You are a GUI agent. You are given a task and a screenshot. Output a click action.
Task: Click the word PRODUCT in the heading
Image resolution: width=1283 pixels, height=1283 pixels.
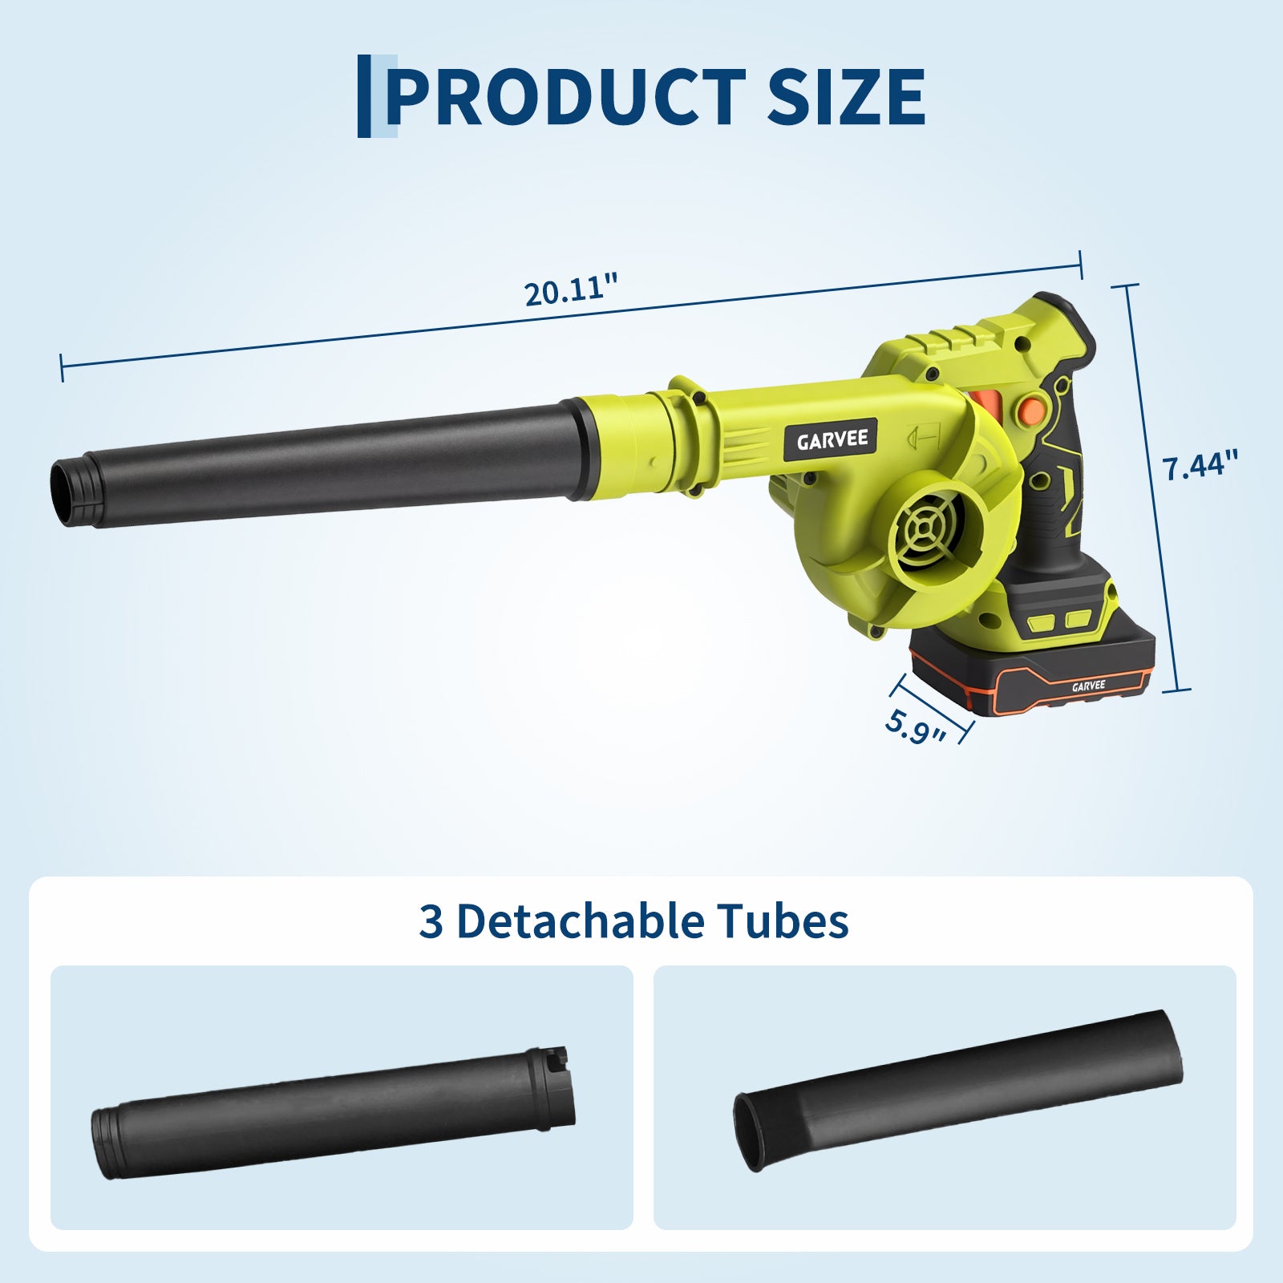tap(566, 96)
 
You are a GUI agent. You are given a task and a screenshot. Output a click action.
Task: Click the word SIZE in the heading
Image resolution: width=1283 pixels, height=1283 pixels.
tap(847, 96)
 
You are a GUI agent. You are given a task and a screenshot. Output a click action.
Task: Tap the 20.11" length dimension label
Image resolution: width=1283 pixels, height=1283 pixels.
tap(573, 289)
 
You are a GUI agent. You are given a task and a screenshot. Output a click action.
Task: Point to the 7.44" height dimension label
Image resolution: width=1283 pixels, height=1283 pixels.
tap(1200, 464)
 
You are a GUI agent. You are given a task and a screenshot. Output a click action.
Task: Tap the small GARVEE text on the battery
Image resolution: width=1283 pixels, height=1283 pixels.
tap(1088, 686)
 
